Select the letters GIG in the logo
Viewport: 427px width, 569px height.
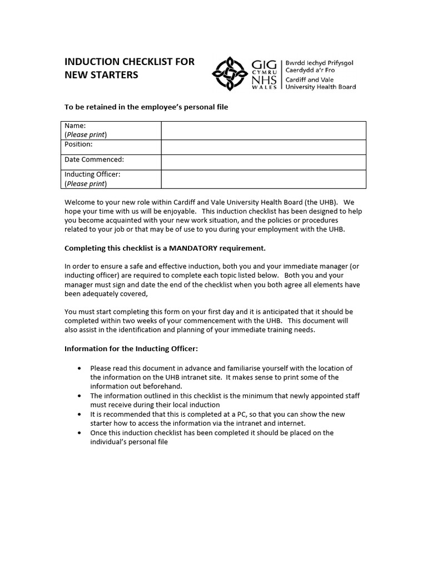(x=264, y=66)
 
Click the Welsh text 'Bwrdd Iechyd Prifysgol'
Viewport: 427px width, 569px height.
(x=319, y=63)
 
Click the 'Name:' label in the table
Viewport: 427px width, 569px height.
(x=75, y=126)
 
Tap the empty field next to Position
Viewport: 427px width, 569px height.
(x=264, y=147)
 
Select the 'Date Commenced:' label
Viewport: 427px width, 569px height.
(x=94, y=159)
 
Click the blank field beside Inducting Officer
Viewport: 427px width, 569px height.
(x=264, y=179)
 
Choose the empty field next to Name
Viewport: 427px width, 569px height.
(x=264, y=131)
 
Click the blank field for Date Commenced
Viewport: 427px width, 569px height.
(x=264, y=162)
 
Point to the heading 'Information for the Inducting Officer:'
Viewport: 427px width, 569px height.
(x=131, y=349)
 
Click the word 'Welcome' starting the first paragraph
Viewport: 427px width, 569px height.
(x=80, y=203)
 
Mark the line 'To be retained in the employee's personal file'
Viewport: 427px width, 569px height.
(x=146, y=107)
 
